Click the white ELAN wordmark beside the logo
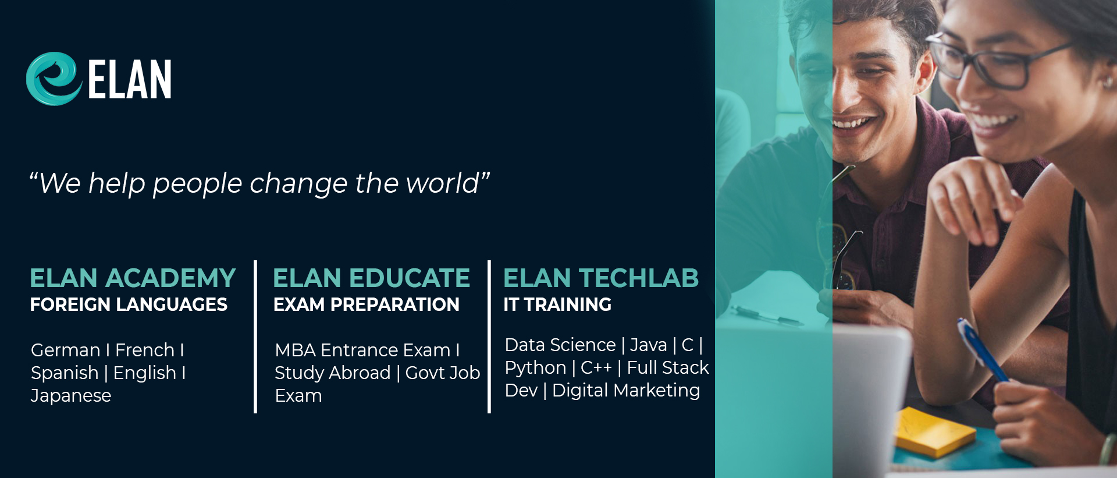click(x=130, y=79)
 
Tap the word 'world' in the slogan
click(x=442, y=183)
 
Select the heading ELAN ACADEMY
click(x=133, y=278)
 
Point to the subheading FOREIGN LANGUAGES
click(x=129, y=304)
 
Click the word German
click(x=65, y=350)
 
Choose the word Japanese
click(x=70, y=395)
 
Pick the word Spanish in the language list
click(x=65, y=373)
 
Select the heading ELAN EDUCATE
click(x=371, y=278)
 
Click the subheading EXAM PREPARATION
click(x=367, y=304)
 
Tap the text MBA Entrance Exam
click(x=362, y=350)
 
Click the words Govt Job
click(x=442, y=373)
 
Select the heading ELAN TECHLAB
click(x=601, y=278)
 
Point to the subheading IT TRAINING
click(x=557, y=304)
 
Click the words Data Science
click(x=560, y=345)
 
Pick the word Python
click(x=535, y=367)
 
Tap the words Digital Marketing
click(x=626, y=390)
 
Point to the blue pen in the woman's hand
click(x=983, y=349)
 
